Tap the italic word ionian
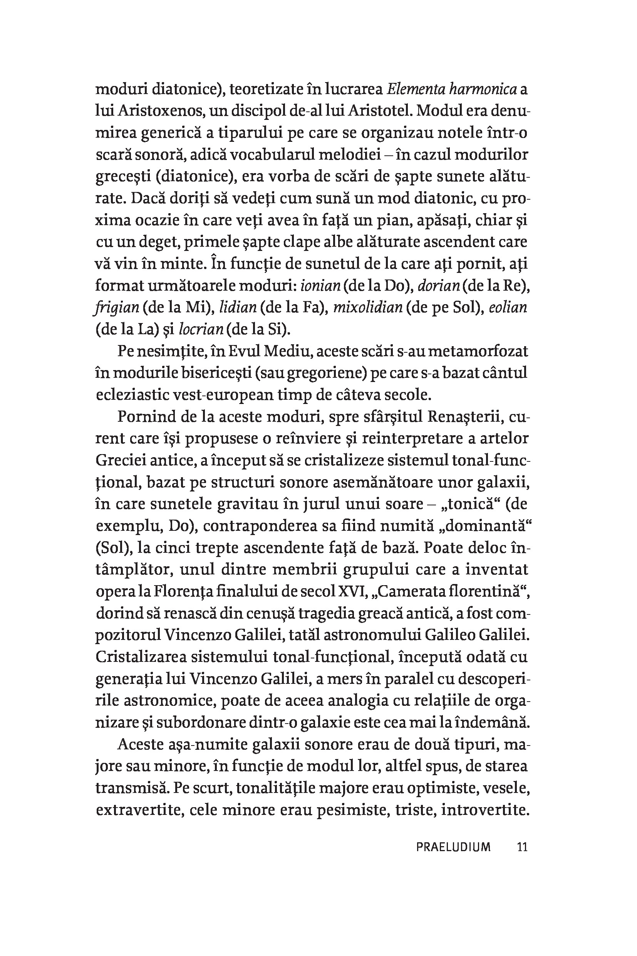(320, 286)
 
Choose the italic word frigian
(117, 308)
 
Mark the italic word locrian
(201, 329)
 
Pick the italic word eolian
(508, 308)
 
